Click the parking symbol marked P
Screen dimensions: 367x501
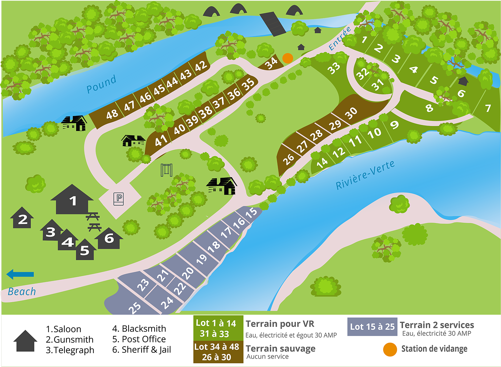(119, 199)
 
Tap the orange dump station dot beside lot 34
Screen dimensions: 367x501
(288, 58)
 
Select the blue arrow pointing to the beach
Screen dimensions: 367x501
(20, 274)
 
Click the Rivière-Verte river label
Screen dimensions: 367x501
(365, 175)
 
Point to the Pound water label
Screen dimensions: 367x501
(101, 84)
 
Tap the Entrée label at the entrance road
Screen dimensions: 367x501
(340, 39)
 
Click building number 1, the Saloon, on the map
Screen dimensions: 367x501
(72, 201)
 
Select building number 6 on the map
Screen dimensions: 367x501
(109, 238)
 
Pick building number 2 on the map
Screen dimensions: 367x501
(22, 219)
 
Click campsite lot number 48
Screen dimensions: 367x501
(112, 114)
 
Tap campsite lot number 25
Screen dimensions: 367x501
(134, 307)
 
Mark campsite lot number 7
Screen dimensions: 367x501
(488, 108)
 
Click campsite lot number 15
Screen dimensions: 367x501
(251, 213)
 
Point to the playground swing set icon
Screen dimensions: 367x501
(167, 170)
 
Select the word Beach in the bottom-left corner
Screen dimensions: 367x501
(22, 292)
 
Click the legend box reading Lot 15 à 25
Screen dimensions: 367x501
(372, 327)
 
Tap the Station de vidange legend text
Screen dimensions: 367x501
(434, 349)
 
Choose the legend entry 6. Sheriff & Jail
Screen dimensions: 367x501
(142, 350)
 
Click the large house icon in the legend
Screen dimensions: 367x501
(25, 341)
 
